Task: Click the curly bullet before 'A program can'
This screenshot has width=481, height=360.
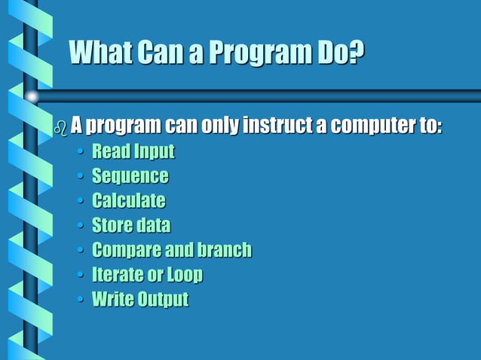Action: point(61,127)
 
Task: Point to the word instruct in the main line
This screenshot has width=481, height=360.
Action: point(278,125)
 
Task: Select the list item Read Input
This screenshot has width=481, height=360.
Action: point(133,151)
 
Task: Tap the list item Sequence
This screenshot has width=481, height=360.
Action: point(130,176)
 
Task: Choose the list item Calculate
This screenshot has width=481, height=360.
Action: point(128,201)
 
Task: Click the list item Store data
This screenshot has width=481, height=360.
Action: point(131,225)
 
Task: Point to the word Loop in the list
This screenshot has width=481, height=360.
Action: point(185,275)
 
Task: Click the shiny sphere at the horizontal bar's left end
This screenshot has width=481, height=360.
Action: point(32,96)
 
